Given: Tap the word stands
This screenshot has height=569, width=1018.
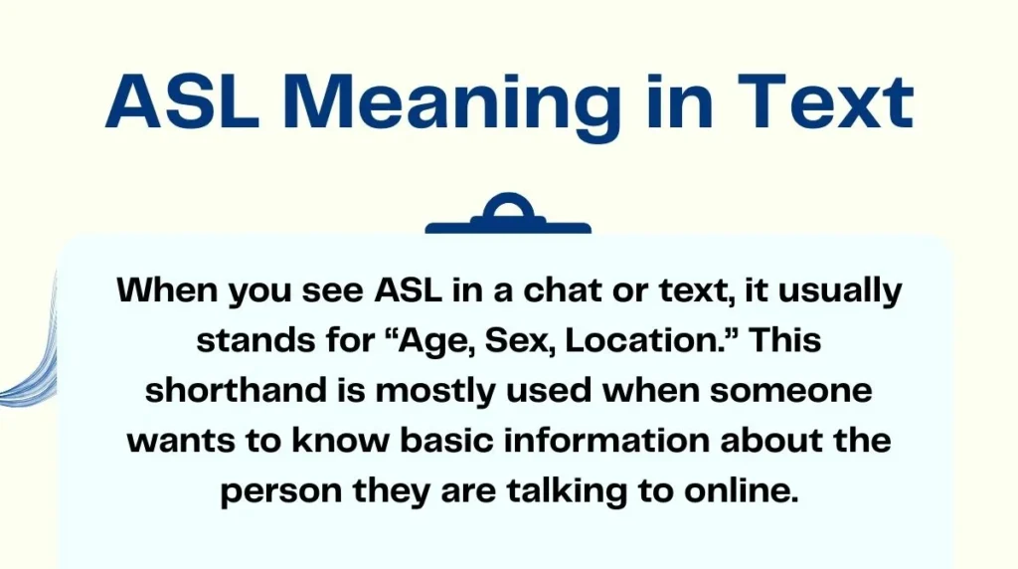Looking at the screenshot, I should (x=249, y=340).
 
